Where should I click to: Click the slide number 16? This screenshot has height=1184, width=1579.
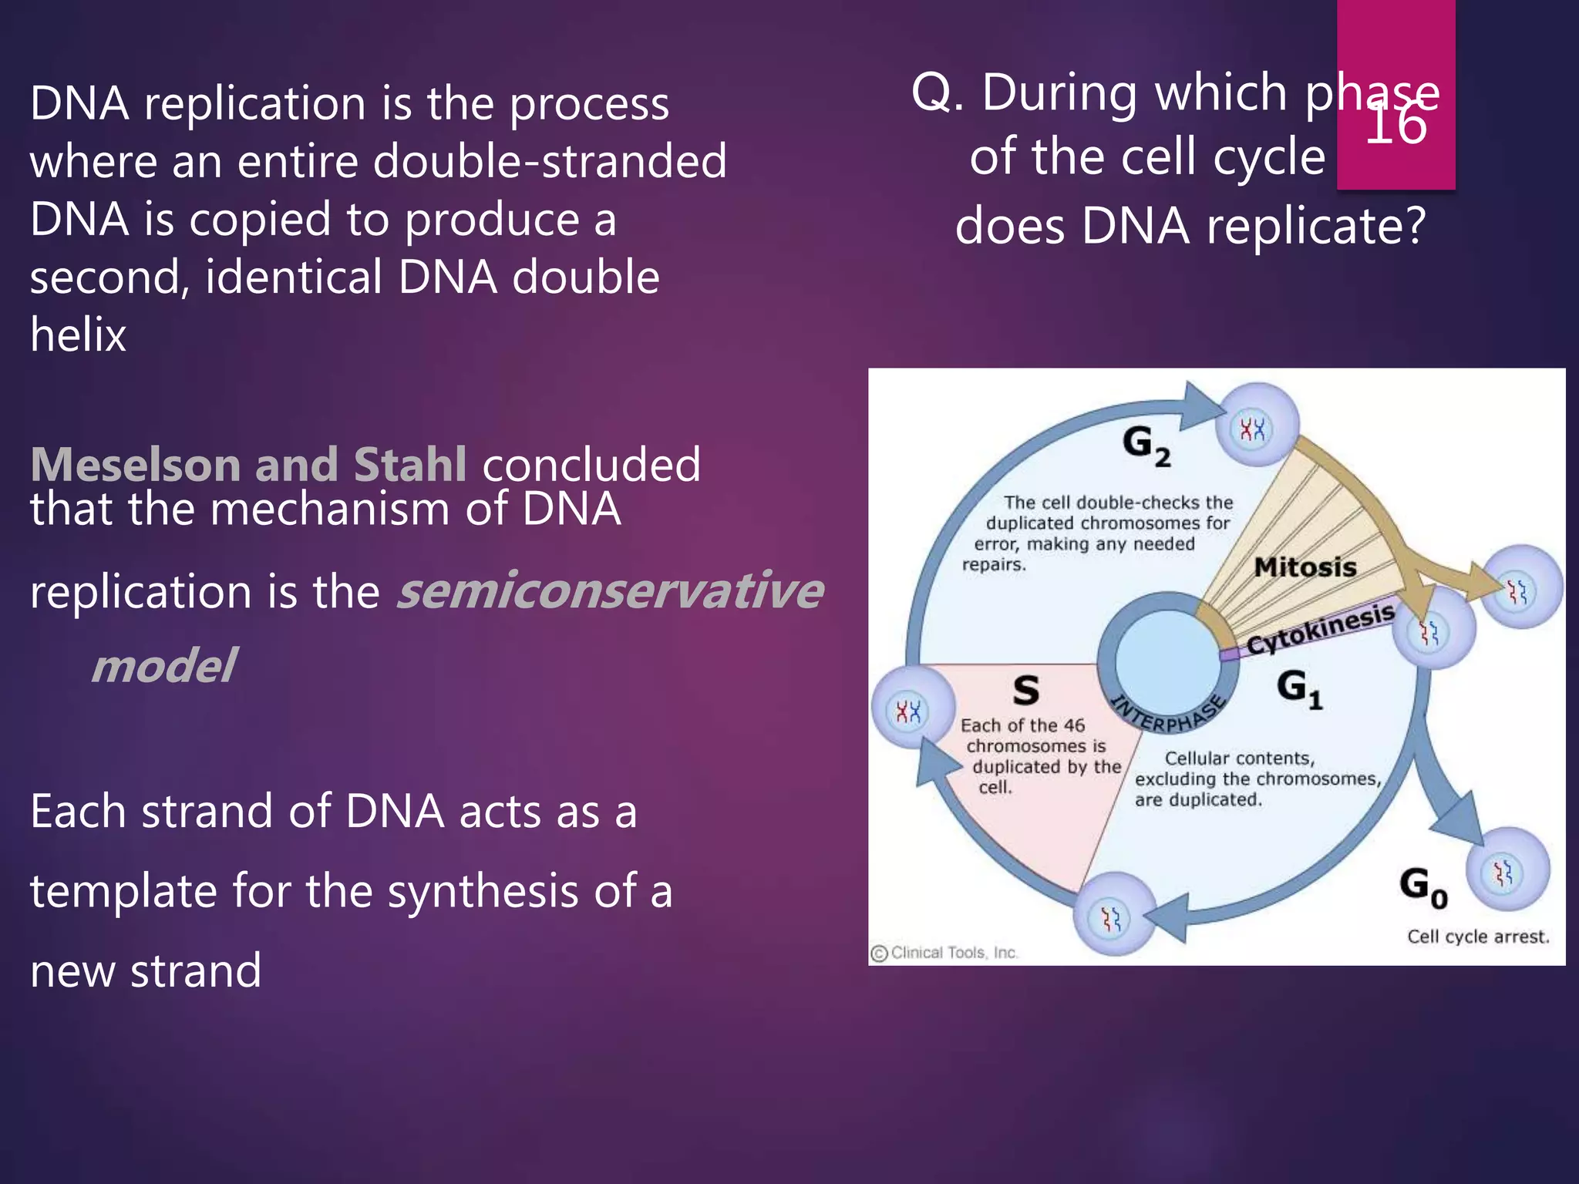coord(1396,125)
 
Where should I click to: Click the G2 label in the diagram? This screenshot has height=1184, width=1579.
coord(1146,446)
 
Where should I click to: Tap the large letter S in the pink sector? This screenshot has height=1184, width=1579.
coord(1025,690)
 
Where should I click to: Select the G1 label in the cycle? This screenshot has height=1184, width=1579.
coord(1298,688)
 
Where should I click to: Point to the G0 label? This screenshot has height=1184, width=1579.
coord(1423,886)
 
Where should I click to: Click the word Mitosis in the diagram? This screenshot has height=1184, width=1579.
coord(1305,567)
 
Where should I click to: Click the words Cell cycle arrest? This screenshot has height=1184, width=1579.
coord(1477,937)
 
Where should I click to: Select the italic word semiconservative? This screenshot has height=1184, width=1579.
coord(609,591)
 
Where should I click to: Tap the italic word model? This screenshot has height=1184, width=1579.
coord(163,665)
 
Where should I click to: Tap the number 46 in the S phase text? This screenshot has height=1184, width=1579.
coord(1073,725)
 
